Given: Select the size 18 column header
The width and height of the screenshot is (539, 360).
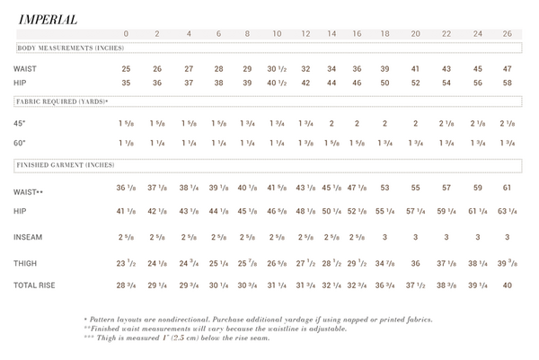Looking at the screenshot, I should [384, 34].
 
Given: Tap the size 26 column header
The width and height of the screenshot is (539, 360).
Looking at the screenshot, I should [508, 34].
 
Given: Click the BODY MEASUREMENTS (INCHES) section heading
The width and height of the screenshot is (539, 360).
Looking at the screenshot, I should [69, 48].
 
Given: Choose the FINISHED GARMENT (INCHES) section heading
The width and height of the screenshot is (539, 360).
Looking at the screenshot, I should [67, 165].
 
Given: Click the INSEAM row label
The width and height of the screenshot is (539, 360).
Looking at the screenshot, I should [28, 237].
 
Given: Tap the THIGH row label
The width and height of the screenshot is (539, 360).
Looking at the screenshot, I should [26, 263].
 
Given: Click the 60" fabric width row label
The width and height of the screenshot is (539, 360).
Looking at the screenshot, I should [20, 143].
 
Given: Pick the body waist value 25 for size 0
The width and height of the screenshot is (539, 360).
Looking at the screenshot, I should [127, 69].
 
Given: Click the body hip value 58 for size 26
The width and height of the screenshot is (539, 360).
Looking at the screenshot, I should [508, 83].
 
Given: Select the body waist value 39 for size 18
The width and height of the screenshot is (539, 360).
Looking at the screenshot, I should [384, 69].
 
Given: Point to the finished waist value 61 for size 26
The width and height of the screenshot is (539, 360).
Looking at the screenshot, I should [508, 188].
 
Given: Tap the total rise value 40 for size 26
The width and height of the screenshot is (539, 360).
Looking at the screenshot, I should [508, 285].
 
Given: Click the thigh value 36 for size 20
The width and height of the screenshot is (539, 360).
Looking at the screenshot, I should [415, 263].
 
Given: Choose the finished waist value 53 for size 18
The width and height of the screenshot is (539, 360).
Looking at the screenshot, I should [384, 188].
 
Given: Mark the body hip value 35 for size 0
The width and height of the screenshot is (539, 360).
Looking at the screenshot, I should [127, 83].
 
